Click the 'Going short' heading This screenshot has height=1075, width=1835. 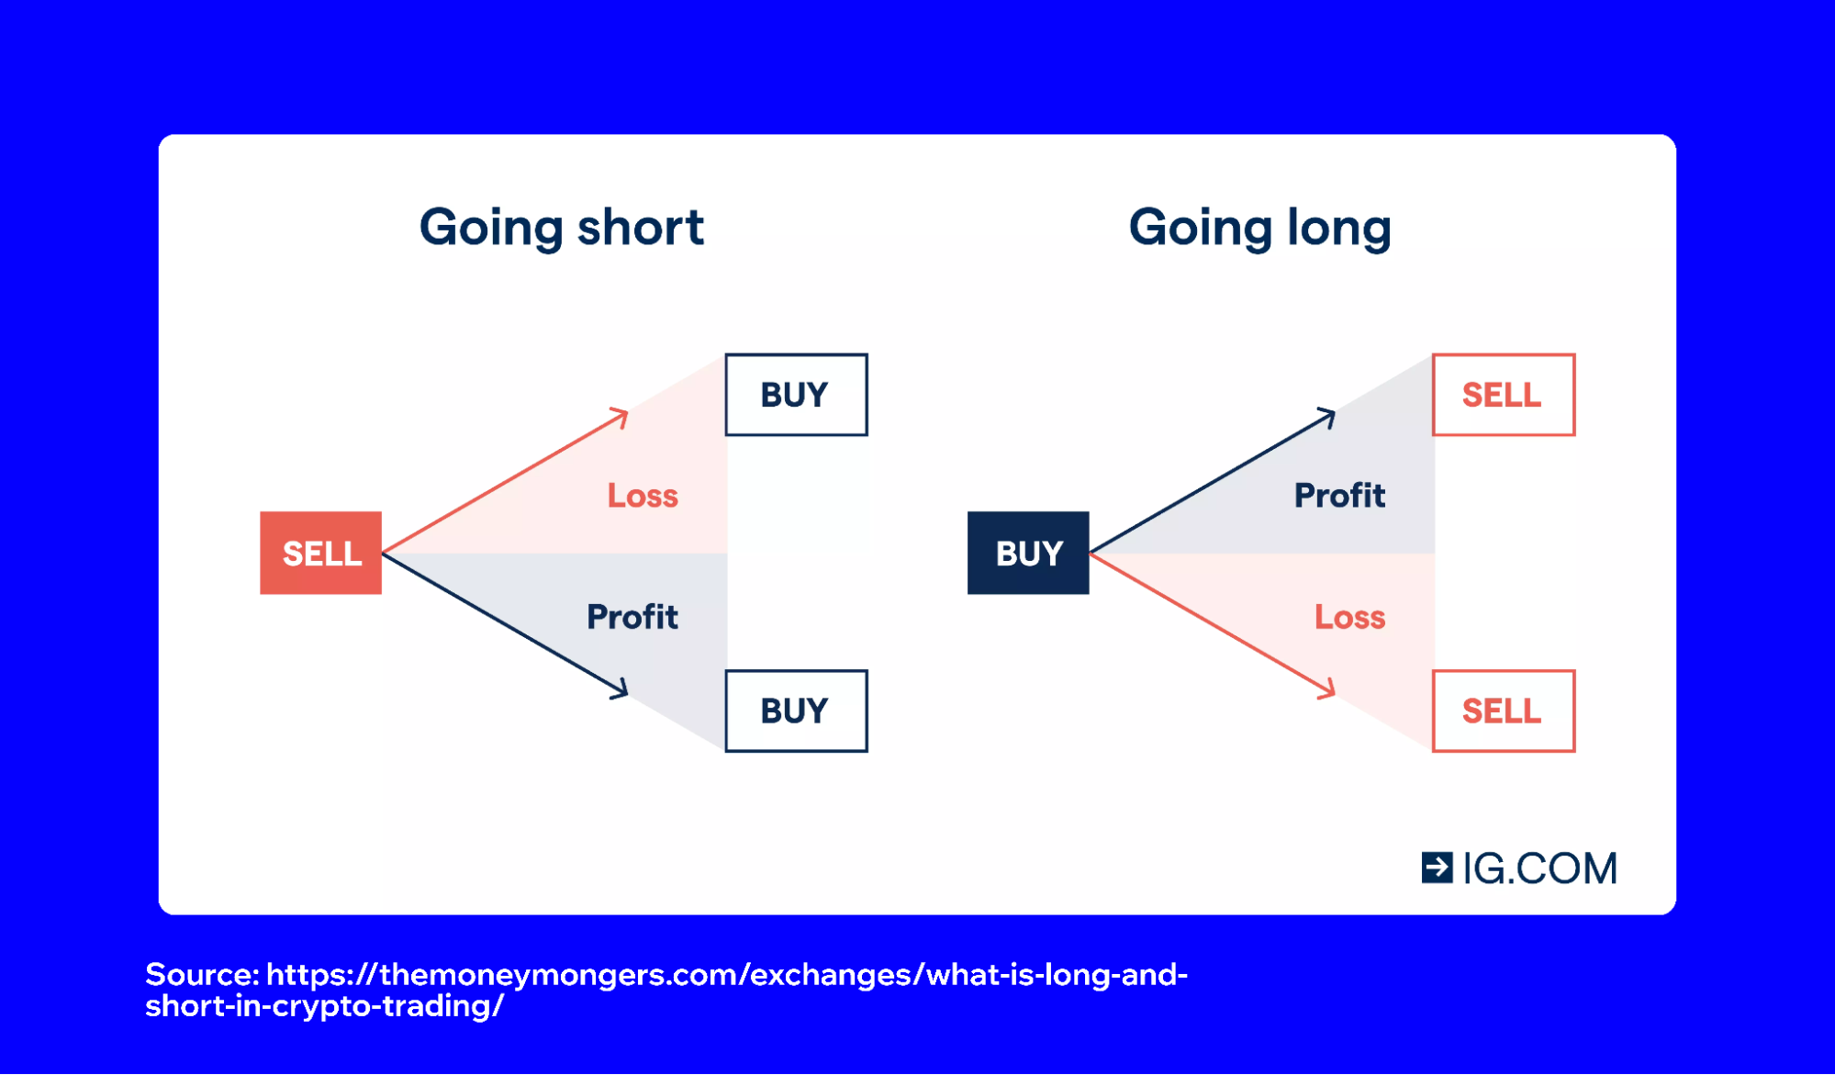click(561, 228)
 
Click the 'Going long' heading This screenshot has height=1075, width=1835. click(1259, 228)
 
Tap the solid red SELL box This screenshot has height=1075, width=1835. click(320, 553)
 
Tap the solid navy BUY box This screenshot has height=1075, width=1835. click(1028, 553)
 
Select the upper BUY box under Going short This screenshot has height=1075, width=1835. click(796, 395)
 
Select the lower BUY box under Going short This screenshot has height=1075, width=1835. click(796, 711)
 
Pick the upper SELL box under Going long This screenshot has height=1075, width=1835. click(1503, 395)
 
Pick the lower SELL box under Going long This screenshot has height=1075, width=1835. click(1503, 711)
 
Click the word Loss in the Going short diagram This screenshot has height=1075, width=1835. click(643, 496)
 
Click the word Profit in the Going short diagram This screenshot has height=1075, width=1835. click(632, 617)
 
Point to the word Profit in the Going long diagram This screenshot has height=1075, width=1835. click(1339, 496)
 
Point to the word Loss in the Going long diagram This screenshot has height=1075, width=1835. click(1349, 617)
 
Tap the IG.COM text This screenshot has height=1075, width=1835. click(1539, 868)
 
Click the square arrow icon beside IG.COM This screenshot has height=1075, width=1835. click(1437, 868)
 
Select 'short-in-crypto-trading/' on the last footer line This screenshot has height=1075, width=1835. click(324, 1006)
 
